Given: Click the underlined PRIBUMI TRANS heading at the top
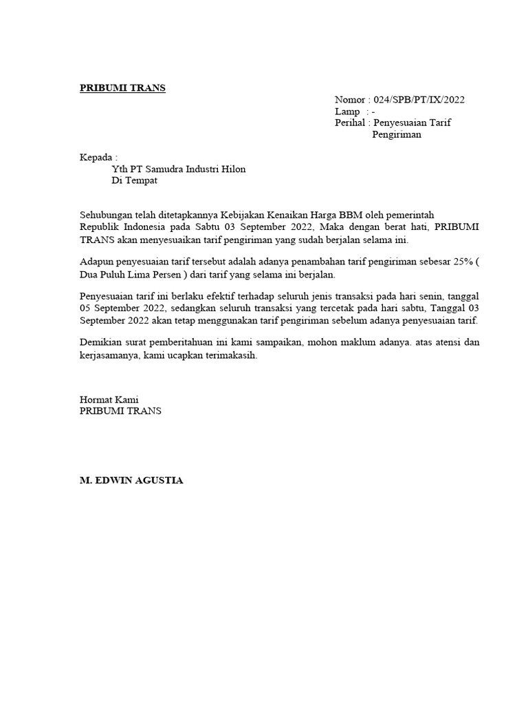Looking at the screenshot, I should click(x=122, y=88).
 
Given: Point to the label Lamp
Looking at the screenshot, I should click(x=348, y=112).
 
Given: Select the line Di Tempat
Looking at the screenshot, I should click(x=135, y=181).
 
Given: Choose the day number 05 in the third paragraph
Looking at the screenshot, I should click(x=86, y=310).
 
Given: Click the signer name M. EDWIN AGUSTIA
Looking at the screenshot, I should click(x=132, y=481).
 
